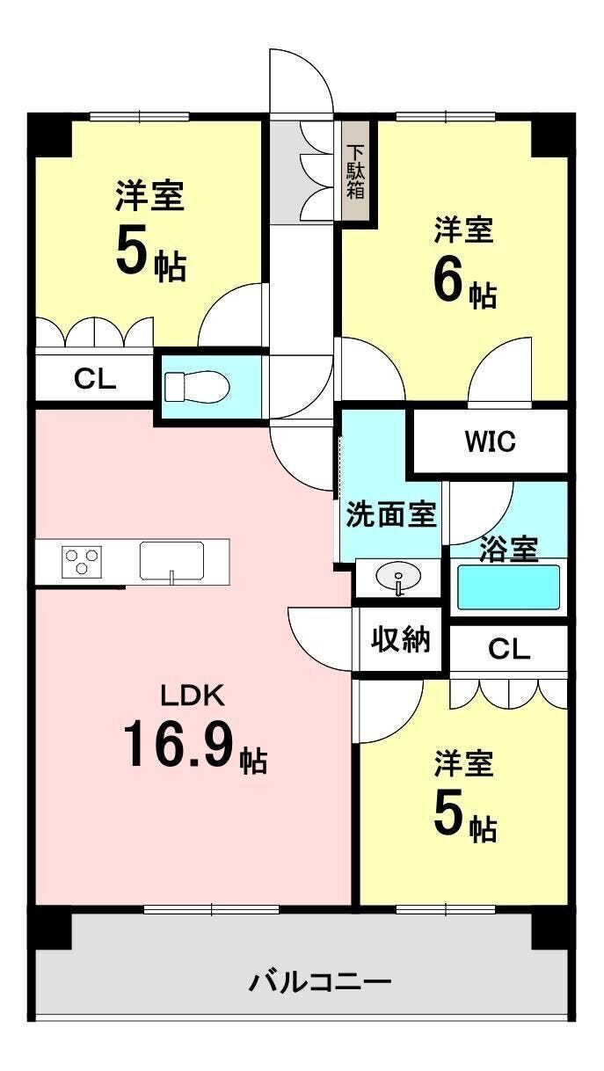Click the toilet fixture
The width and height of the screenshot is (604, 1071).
point(197,386)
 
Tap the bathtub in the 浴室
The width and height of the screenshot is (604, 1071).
point(508,586)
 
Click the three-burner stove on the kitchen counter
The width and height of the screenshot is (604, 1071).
point(82,560)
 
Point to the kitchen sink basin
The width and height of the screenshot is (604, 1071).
point(171,560)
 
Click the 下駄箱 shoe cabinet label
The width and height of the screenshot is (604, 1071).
point(355,171)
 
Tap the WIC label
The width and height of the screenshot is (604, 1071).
point(491,441)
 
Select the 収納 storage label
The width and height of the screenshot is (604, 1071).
point(401,639)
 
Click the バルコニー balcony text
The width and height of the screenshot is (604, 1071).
point(320,982)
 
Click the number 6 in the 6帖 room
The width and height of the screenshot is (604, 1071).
point(448,282)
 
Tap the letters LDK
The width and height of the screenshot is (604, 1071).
point(193,696)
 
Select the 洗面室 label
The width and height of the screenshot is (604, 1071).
point(391,514)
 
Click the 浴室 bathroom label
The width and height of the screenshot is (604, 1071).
point(509,550)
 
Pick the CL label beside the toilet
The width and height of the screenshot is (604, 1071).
point(95,379)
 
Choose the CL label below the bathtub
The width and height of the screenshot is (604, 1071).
point(509,649)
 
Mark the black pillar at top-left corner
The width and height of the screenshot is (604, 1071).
point(50,135)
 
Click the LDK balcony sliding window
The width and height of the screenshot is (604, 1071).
point(211,909)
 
